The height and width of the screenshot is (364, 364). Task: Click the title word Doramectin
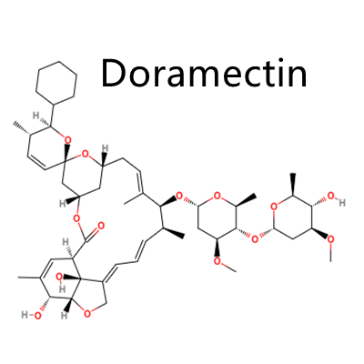pyautogui.click(x=205, y=74)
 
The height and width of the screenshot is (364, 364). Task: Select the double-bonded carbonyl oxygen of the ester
pyautogui.click(x=101, y=226)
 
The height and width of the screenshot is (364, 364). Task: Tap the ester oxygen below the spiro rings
pyautogui.click(x=77, y=218)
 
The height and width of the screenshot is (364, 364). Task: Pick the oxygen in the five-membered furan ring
pyautogui.click(x=87, y=314)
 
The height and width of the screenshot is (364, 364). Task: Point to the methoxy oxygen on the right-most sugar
pyautogui.click(x=331, y=239)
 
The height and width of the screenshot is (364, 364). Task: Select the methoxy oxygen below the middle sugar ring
pyautogui.click(x=217, y=261)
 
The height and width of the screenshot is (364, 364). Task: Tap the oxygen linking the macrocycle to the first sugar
pyautogui.click(x=179, y=197)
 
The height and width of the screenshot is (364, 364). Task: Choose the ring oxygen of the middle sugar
pyautogui.click(x=217, y=196)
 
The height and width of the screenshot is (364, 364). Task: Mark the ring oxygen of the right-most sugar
pyautogui.click(x=274, y=207)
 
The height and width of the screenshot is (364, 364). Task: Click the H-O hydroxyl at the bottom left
pyautogui.click(x=31, y=316)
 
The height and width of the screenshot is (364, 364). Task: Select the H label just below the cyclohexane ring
pyautogui.click(x=35, y=116)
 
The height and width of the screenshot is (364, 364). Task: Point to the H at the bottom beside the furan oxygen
pyautogui.click(x=64, y=316)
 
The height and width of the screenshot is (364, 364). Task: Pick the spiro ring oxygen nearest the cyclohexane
pyautogui.click(x=67, y=140)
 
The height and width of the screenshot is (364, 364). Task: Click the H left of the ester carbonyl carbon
pyautogui.click(x=65, y=242)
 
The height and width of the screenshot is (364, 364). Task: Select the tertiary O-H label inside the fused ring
pyautogui.click(x=60, y=281)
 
